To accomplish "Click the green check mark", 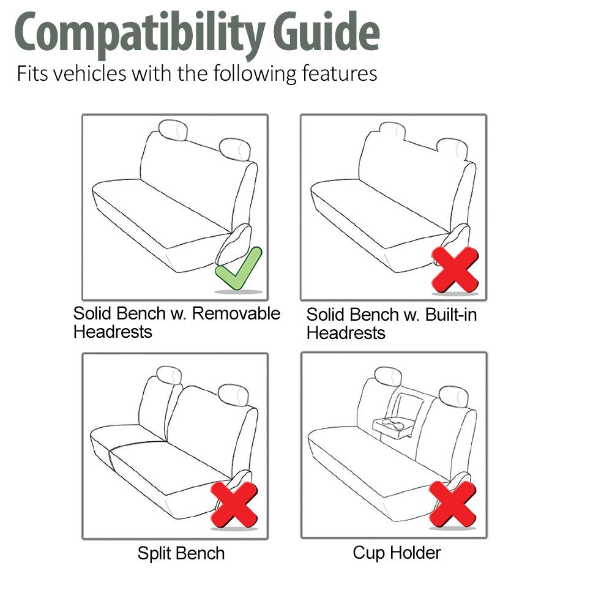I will coord(239,269).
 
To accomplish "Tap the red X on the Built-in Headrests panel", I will coord(455,269).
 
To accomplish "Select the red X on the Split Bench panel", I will coord(234,505).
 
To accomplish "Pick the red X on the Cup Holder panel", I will coord(453,504).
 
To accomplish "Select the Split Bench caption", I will coord(181,553).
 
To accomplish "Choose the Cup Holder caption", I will coord(397,553).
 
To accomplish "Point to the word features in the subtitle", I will coord(340,73).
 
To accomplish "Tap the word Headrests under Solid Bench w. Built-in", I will coord(346,334).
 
